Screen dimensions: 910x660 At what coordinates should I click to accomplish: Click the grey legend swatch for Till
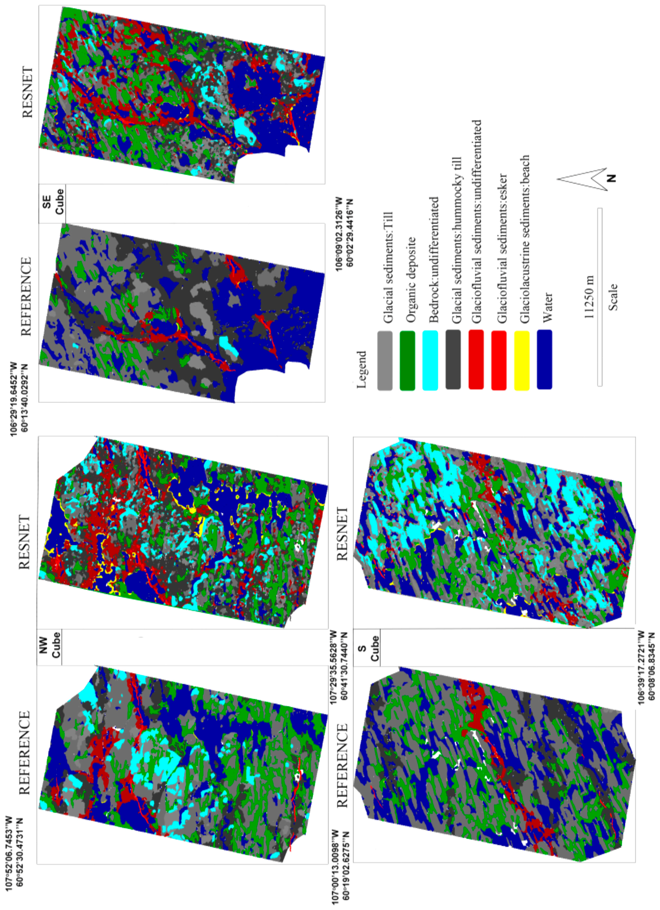tap(385, 360)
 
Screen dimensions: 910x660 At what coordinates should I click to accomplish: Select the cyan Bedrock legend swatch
tap(430, 360)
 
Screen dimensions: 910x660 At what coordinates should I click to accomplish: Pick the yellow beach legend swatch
tap(522, 360)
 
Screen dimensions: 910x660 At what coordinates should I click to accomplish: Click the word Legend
tap(361, 369)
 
